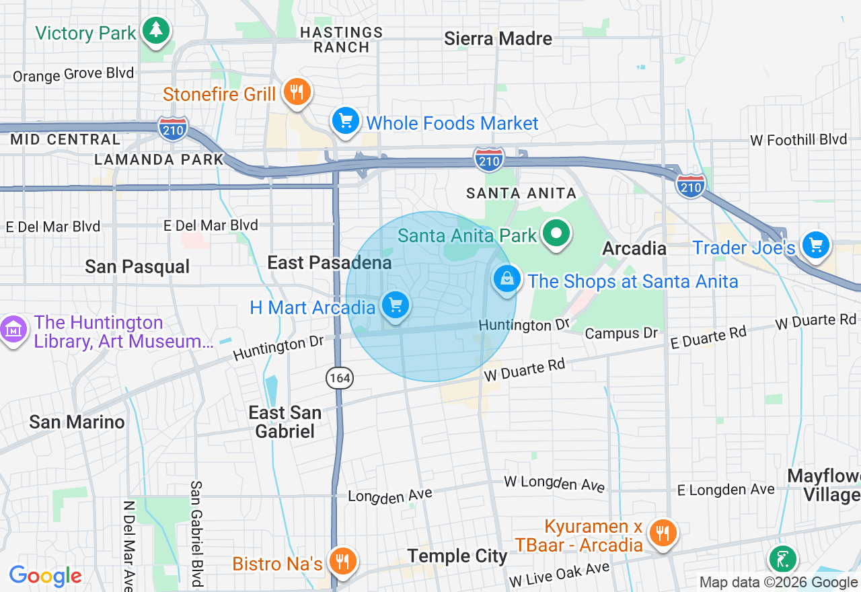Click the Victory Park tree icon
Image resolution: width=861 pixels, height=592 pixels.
156,30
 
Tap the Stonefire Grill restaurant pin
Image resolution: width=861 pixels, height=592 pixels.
296,91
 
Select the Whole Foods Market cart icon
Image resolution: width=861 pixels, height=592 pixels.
346,122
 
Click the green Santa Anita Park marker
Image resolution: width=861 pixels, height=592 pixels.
556,234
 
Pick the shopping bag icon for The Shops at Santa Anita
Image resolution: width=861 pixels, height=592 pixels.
507,279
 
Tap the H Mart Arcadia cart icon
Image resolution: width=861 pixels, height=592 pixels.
396,305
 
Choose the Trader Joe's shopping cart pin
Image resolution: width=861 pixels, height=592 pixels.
817,246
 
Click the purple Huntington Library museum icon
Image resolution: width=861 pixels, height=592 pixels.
13,330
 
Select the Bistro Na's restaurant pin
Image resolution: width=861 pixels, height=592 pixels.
343,560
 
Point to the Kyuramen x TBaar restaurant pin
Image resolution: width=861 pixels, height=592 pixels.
663,533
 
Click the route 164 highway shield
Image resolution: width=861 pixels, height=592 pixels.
340,378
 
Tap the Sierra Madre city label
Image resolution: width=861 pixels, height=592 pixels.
498,39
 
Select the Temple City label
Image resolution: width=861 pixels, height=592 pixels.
457,556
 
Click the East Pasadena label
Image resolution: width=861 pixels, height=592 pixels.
330,262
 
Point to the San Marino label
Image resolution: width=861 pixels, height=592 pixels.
77,422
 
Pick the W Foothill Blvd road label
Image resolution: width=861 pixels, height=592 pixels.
798,140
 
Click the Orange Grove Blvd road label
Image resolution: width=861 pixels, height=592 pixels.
73,74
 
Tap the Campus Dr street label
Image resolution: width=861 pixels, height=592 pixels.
621,333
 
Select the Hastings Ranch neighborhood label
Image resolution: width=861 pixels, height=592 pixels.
341,40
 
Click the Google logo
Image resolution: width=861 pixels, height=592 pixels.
45,576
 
